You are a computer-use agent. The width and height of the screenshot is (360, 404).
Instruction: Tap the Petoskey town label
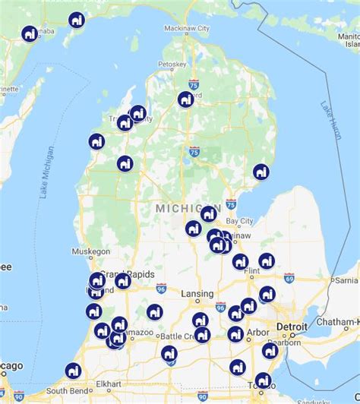click(172, 64)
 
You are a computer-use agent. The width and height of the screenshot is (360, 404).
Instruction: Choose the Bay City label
click(238, 220)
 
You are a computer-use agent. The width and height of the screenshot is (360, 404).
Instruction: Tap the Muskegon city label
click(91, 251)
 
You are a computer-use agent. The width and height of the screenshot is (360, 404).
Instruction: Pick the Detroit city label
click(292, 327)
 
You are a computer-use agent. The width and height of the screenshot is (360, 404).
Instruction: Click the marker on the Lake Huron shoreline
click(261, 172)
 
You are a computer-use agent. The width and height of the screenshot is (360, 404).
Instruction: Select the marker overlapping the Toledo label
click(264, 380)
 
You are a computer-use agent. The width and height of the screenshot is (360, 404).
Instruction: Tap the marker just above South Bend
click(73, 370)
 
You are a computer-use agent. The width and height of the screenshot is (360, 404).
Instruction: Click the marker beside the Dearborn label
click(270, 350)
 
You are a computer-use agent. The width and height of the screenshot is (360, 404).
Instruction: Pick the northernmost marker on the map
click(76, 20)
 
